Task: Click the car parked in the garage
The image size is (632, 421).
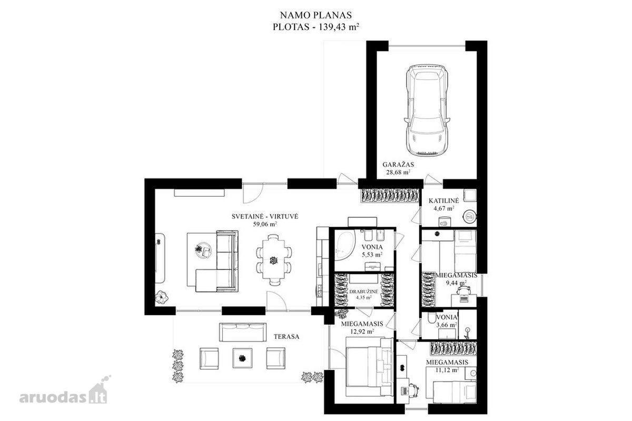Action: pyautogui.click(x=426, y=110)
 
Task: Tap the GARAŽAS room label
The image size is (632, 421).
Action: pyautogui.click(x=398, y=164)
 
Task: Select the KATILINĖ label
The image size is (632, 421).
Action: pyautogui.click(x=444, y=201)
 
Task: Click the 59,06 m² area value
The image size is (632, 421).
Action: pyautogui.click(x=265, y=224)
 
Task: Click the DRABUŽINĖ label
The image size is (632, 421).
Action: pyautogui.click(x=364, y=292)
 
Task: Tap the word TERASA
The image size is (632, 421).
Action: pyautogui.click(x=287, y=337)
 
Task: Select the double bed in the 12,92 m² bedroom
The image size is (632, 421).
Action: pyautogui.click(x=369, y=367)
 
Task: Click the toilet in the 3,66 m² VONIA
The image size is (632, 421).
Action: pyautogui.click(x=431, y=318)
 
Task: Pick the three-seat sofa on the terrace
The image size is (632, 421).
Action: pyautogui.click(x=243, y=332)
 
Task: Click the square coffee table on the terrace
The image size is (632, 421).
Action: pyautogui.click(x=242, y=358)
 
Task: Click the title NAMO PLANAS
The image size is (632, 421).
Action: pyautogui.click(x=315, y=15)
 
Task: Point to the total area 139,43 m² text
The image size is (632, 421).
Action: pyautogui.click(x=316, y=27)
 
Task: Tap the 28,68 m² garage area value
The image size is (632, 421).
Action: pyautogui.click(x=398, y=172)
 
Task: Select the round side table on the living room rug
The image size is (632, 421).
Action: pyautogui.click(x=203, y=250)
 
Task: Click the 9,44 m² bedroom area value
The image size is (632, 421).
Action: pyautogui.click(x=456, y=283)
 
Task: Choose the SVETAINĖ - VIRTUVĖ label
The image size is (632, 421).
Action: pyautogui.click(x=265, y=217)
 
